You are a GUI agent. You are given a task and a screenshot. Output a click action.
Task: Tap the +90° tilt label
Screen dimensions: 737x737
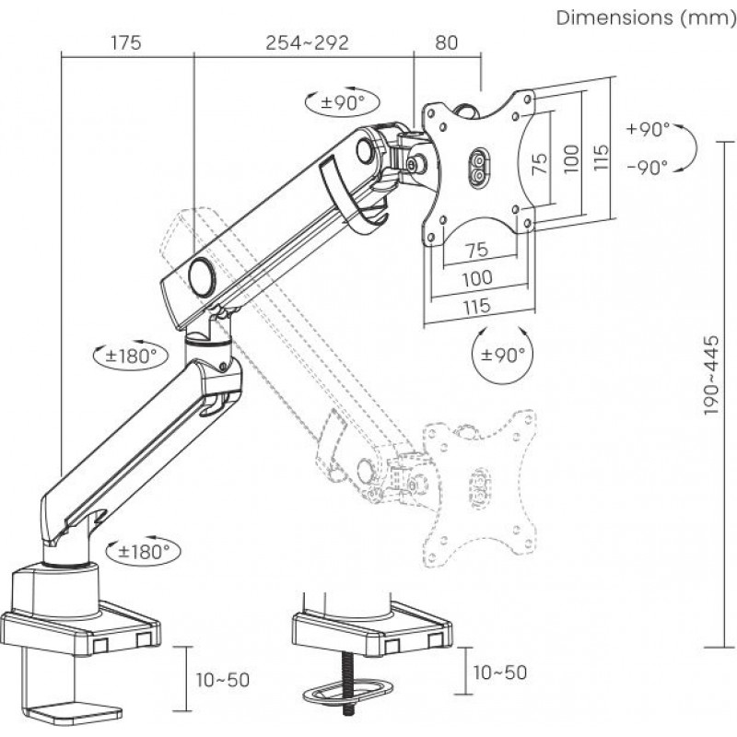[x=648, y=130]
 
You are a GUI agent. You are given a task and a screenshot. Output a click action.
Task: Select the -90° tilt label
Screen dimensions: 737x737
[x=648, y=167]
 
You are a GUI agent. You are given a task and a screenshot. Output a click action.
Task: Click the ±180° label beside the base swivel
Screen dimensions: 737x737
[x=146, y=552]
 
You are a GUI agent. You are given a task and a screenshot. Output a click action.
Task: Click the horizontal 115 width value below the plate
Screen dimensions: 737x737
[x=476, y=305]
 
